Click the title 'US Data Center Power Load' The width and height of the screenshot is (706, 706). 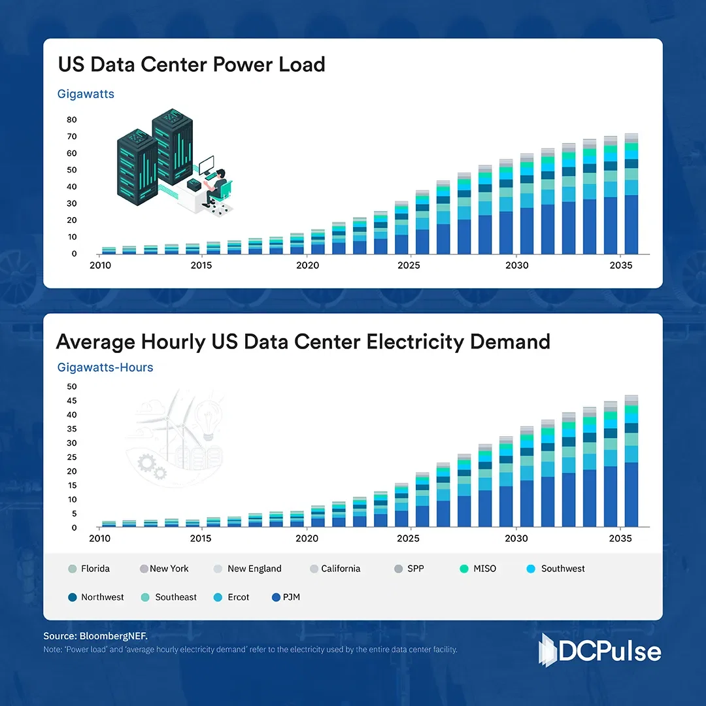(x=192, y=65)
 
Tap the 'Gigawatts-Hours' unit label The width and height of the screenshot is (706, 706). (x=105, y=367)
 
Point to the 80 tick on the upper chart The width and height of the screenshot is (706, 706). (x=71, y=120)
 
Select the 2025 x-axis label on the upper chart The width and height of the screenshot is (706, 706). (x=409, y=265)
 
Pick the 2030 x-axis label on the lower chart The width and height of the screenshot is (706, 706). (x=516, y=539)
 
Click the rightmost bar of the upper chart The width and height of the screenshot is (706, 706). (x=631, y=196)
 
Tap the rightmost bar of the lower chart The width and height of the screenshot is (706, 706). (x=631, y=464)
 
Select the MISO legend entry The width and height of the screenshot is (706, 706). (x=479, y=569)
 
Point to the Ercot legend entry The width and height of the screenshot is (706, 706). (x=231, y=597)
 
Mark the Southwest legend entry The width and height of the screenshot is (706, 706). (x=556, y=569)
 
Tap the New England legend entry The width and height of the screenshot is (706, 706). (x=248, y=569)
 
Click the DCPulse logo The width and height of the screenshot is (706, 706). (x=599, y=651)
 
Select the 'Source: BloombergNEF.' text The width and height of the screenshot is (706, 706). (x=86, y=636)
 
